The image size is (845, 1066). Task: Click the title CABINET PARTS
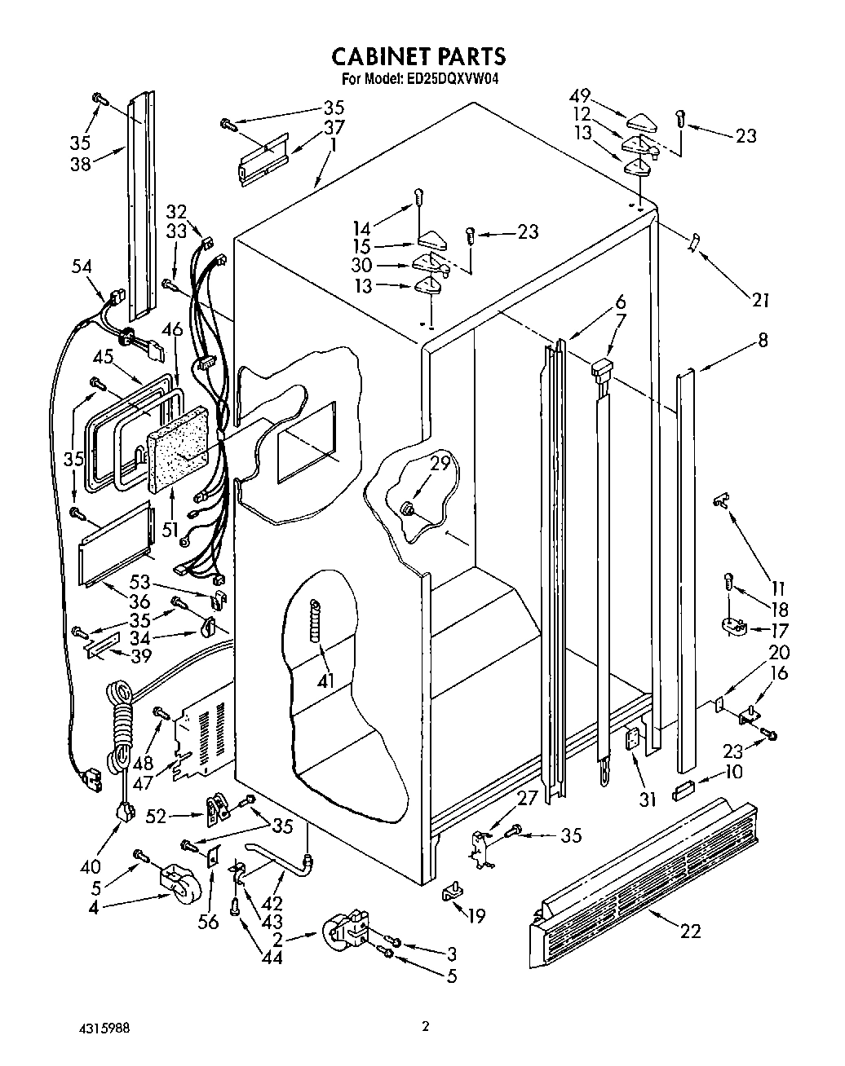click(418, 55)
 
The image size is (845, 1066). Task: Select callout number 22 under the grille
click(690, 931)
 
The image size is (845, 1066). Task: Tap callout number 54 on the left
click(81, 266)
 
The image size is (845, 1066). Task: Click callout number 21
click(760, 301)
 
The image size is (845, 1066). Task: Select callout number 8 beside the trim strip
click(763, 340)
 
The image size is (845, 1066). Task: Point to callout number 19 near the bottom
click(476, 916)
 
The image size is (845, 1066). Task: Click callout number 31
click(647, 800)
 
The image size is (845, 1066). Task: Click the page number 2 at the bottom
click(425, 1026)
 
